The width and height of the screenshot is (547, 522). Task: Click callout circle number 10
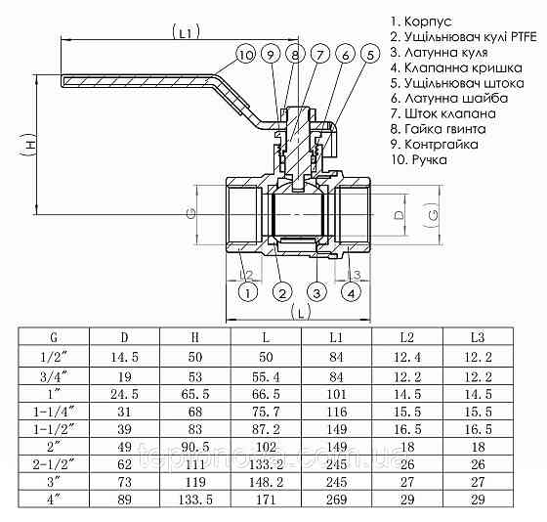pyautogui.click(x=245, y=54)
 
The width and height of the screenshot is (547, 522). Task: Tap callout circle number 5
pyautogui.click(x=369, y=54)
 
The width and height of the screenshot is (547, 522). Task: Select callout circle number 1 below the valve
pyautogui.click(x=248, y=291)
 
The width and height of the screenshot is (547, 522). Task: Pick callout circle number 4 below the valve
pyautogui.click(x=351, y=291)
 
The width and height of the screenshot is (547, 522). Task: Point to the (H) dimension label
pyautogui.click(x=31, y=147)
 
